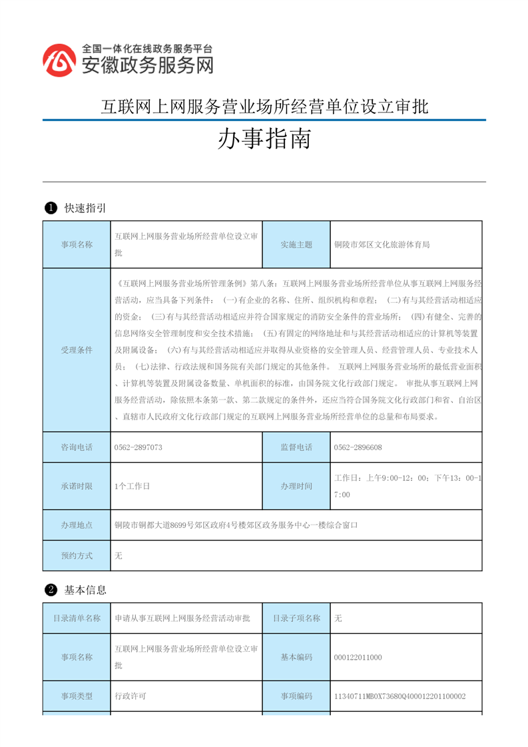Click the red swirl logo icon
(60, 61)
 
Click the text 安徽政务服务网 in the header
(147, 65)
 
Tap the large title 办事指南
(264, 140)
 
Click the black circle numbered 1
(50, 208)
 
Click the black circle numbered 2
(50, 590)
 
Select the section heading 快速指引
(85, 208)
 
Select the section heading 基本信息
(85, 590)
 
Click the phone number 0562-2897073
(138, 447)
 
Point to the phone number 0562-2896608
(358, 447)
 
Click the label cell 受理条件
(77, 350)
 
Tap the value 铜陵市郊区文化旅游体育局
(382, 244)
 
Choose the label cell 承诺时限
(77, 486)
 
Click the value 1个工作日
(132, 486)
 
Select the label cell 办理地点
(77, 525)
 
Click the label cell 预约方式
(77, 555)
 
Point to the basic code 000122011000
(358, 657)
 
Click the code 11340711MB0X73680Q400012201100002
(399, 696)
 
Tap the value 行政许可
(131, 696)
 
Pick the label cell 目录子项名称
(296, 618)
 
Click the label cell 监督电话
(296, 447)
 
